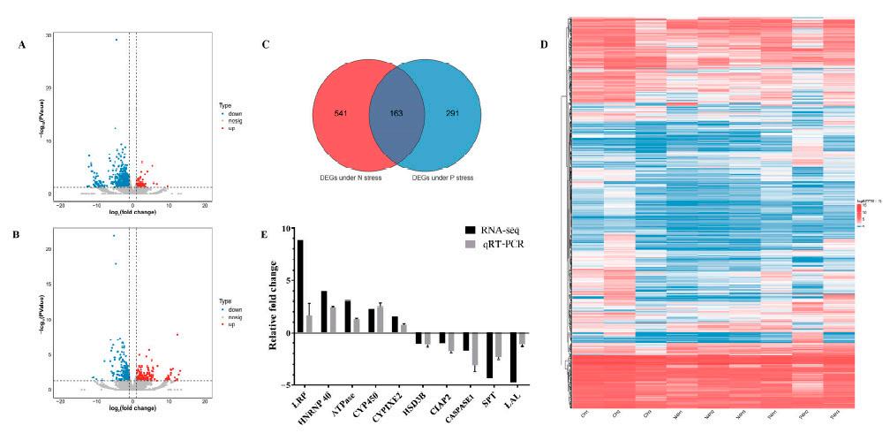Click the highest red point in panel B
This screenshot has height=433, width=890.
(x=177, y=335)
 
